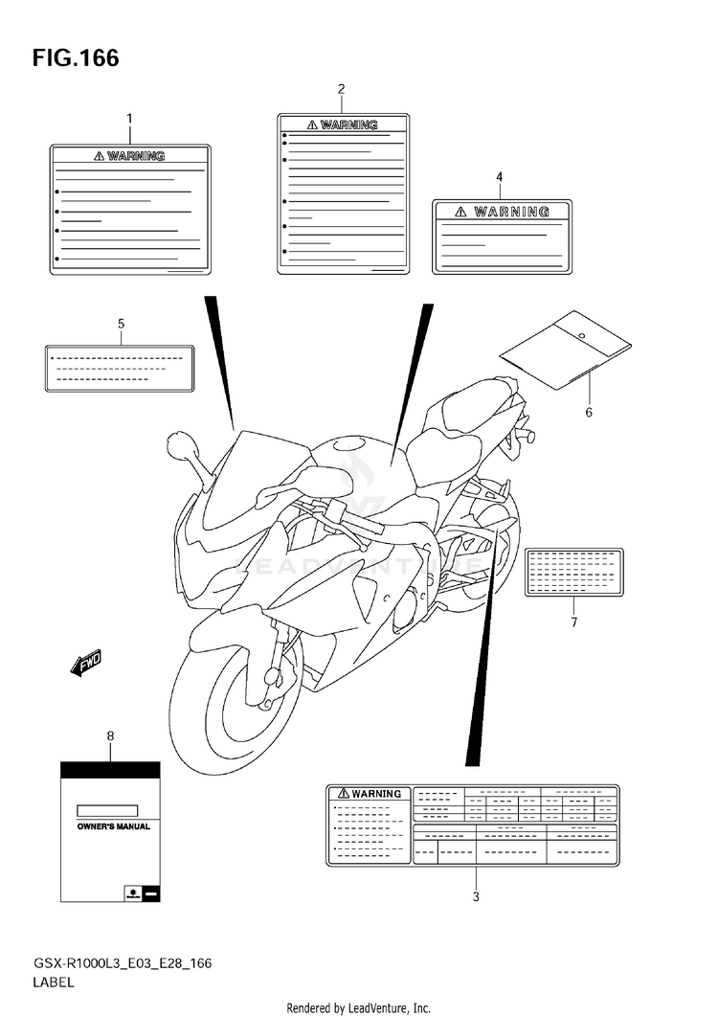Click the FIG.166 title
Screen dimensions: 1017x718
pos(76,58)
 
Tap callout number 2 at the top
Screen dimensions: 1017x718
pos(341,89)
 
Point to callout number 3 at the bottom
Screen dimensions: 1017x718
pos(475,897)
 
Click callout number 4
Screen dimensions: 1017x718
pos(499,176)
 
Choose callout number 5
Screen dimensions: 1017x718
pos(121,324)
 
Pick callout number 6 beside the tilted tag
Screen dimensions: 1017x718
pos(589,413)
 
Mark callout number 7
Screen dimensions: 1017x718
pos(573,622)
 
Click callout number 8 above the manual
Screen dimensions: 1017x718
pos(110,735)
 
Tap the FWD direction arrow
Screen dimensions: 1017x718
pos(85,663)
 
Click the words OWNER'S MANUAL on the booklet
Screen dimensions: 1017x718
pos(113,825)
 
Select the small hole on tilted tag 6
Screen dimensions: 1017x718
pos(581,334)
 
